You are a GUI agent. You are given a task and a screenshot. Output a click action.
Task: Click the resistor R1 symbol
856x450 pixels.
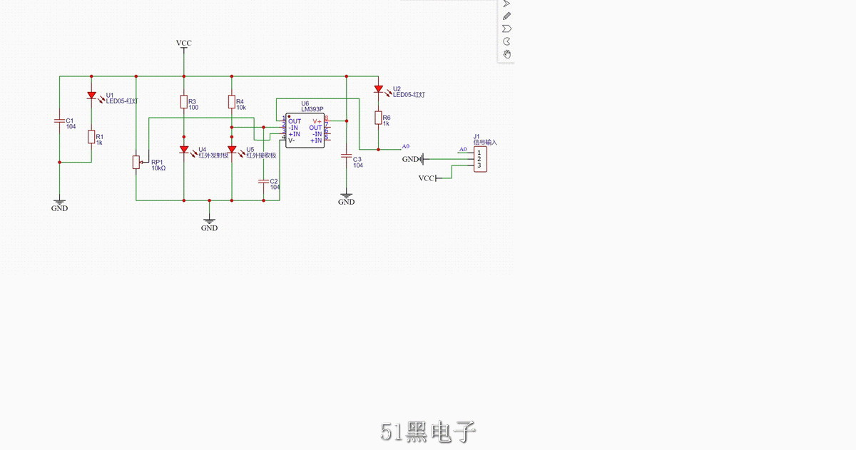click(91, 137)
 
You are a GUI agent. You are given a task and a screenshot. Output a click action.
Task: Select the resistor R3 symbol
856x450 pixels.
click(183, 102)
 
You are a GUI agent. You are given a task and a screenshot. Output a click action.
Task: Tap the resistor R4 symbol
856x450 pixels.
click(231, 102)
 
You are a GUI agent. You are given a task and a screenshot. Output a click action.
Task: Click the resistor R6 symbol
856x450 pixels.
click(377, 118)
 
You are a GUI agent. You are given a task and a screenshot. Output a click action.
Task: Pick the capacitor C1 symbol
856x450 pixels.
click(59, 121)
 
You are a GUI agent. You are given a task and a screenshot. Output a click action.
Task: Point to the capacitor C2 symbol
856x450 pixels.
click(264, 181)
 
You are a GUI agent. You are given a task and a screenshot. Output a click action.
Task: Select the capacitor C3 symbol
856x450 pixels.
click(346, 155)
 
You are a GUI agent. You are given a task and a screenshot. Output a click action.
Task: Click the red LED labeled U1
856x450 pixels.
click(91, 95)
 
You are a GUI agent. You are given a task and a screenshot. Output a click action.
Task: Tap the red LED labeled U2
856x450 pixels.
click(377, 89)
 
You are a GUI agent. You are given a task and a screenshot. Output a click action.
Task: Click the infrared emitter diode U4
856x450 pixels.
click(183, 150)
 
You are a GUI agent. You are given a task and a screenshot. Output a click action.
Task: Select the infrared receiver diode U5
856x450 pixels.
click(231, 150)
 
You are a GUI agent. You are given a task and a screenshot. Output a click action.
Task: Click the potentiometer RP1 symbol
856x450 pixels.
click(136, 163)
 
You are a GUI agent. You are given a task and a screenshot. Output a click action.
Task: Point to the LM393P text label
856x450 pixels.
click(312, 110)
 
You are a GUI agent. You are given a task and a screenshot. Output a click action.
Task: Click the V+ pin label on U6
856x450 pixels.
click(317, 121)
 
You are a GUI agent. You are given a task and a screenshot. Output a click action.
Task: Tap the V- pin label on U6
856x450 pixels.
click(292, 140)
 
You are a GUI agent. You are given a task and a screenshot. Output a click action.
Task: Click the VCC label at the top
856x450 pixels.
click(183, 44)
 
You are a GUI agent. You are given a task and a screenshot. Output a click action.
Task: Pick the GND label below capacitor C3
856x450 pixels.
click(346, 202)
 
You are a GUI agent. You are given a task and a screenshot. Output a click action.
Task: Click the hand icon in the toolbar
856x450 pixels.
click(506, 53)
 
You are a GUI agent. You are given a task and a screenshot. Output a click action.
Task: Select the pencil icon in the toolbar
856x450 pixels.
click(506, 16)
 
